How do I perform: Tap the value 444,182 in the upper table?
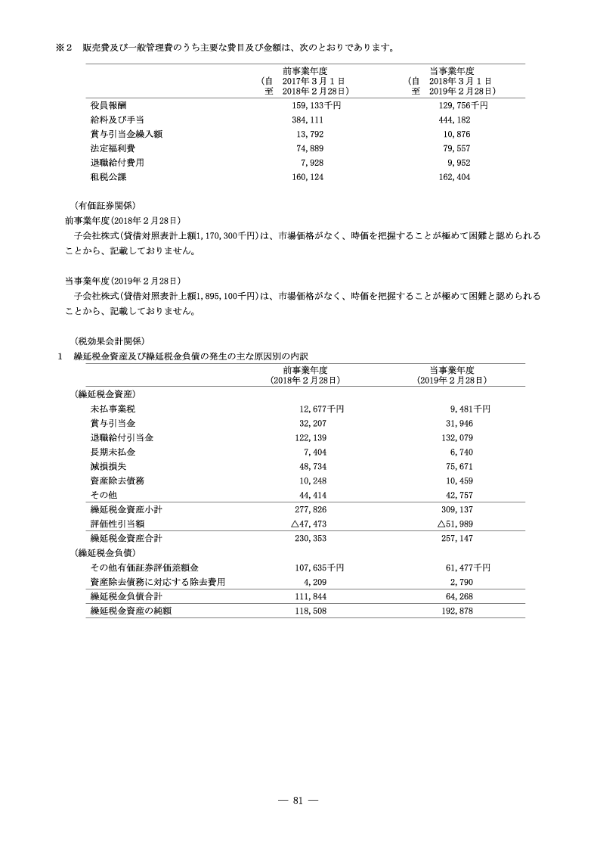click(454, 120)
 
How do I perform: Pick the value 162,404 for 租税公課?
click(454, 176)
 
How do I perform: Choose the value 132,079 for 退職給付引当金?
click(459, 437)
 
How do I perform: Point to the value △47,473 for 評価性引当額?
click(311, 524)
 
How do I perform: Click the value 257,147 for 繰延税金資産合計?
click(459, 538)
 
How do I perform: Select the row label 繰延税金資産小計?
click(126, 509)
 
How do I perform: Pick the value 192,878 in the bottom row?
click(459, 610)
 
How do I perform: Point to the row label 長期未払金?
click(112, 452)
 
